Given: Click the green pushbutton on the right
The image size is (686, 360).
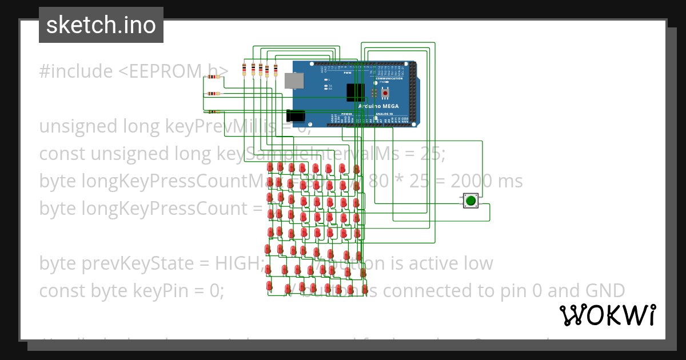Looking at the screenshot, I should [x=470, y=201].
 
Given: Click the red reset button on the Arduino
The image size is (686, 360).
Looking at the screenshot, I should [x=385, y=93].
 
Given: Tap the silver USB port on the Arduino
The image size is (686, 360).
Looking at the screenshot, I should [x=294, y=81].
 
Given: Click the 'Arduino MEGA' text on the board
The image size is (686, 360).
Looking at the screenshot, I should [x=378, y=106].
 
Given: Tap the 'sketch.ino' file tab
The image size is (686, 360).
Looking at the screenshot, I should [x=101, y=25].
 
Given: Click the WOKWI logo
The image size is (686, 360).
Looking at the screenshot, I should [x=607, y=315].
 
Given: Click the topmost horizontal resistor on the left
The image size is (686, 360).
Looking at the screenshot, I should [x=213, y=77].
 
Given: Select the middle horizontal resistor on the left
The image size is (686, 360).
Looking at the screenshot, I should [x=213, y=94].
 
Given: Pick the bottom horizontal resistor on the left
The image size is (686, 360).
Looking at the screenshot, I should [x=213, y=112].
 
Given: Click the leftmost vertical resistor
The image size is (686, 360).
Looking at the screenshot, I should [x=245, y=70].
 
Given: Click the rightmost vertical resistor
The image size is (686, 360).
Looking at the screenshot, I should [x=276, y=70].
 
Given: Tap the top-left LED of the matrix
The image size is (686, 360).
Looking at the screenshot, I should [x=270, y=167].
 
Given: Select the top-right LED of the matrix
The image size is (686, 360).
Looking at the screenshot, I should [x=356, y=169].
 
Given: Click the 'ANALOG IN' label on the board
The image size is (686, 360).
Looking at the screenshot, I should [x=384, y=114].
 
